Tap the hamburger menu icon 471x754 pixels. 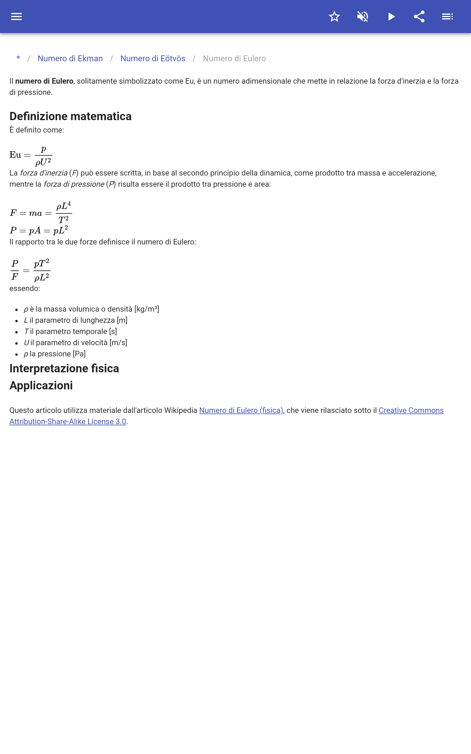(16, 16)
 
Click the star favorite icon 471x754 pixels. (334, 16)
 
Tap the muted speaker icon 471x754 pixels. (363, 16)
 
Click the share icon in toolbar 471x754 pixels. (419, 16)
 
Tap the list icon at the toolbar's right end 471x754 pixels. (447, 16)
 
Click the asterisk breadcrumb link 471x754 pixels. (18, 58)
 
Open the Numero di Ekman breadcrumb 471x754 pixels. (70, 59)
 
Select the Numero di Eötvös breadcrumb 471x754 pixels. (153, 59)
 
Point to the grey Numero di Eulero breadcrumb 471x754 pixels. (234, 59)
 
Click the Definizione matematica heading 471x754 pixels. (70, 116)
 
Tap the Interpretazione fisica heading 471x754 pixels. (64, 368)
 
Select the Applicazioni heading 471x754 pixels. (41, 386)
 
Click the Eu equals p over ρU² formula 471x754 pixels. (31, 155)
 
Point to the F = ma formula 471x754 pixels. (41, 213)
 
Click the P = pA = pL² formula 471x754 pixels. (39, 230)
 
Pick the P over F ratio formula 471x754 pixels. (30, 270)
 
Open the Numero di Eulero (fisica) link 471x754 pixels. (241, 410)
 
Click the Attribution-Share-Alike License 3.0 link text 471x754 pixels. (68, 421)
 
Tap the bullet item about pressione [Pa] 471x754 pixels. (55, 354)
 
